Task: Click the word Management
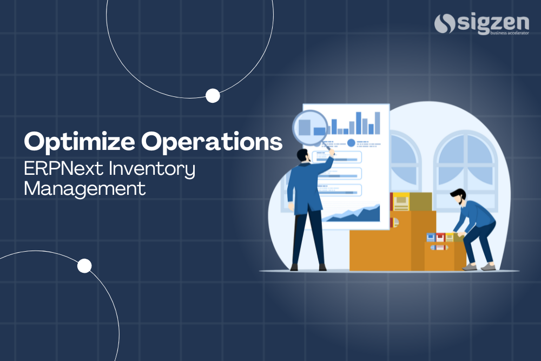tap(85, 189)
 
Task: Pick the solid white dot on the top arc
tap(213, 96)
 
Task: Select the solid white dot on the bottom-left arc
tap(84, 266)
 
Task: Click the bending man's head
tap(458, 196)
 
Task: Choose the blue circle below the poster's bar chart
tap(351, 143)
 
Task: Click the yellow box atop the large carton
tap(401, 202)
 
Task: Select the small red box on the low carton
tap(440, 237)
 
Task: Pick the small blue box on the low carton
tap(431, 237)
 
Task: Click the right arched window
tap(465, 162)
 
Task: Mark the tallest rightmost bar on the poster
tap(377, 122)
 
